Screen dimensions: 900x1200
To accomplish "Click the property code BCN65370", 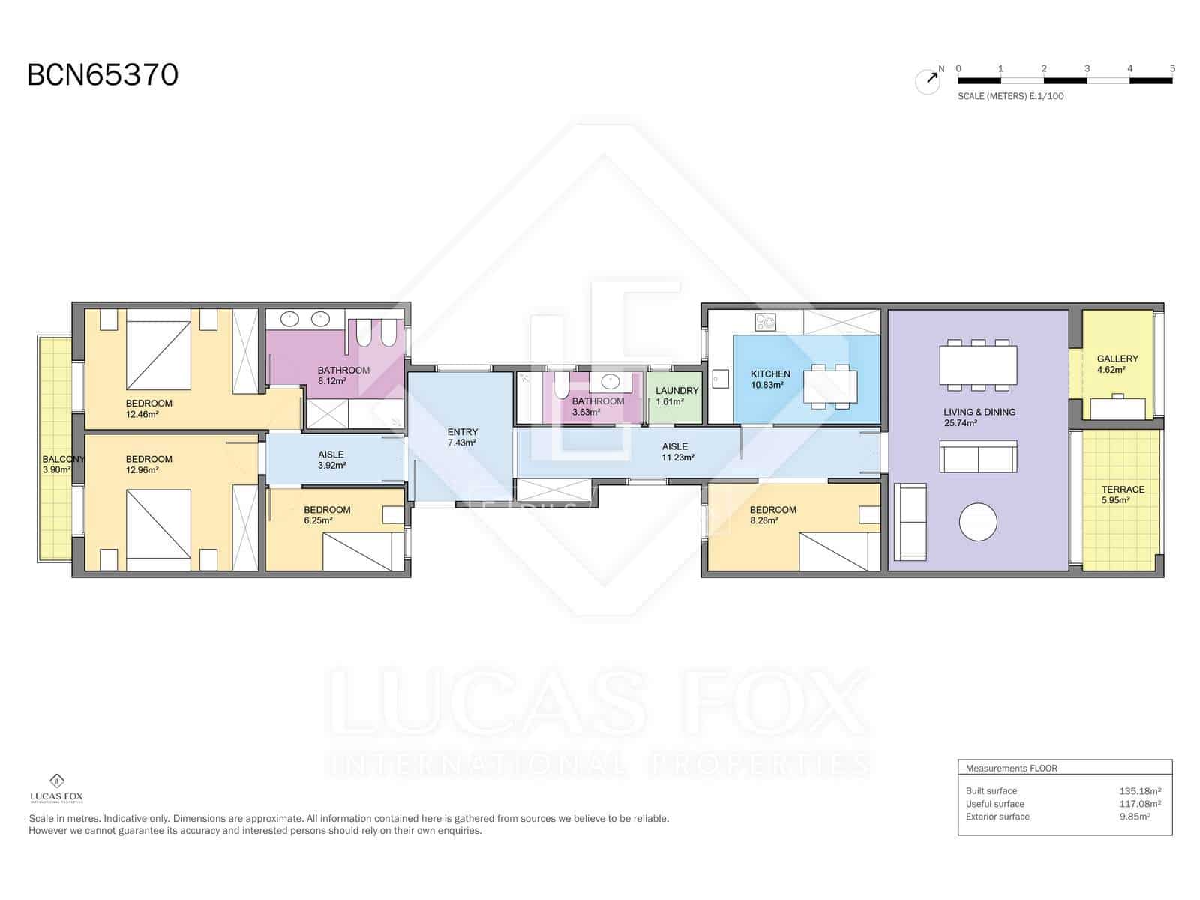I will pos(103,75).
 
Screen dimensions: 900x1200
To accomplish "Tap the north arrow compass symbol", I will pos(928,80).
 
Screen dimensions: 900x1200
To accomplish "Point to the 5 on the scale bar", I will pos(1171,68).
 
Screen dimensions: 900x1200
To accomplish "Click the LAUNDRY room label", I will pos(676,395).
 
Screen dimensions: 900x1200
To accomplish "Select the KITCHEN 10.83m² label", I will pos(769,379).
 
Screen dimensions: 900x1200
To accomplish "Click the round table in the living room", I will pos(978,521).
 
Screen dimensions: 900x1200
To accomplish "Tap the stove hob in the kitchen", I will pos(765,322).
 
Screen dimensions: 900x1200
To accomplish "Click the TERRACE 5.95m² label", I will pos(1122,494).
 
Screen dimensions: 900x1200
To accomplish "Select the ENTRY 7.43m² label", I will pos(462,436).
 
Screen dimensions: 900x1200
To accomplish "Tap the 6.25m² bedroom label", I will pos(327,514).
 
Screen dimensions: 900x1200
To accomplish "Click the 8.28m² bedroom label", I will pos(772,514).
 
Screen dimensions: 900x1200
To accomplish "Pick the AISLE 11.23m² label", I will pos(677,451).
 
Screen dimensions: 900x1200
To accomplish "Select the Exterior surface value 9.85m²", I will pos(1133,817).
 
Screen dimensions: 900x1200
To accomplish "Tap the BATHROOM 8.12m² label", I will pos(343,375).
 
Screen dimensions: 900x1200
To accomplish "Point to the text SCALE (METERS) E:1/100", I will pos(1010,96).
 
